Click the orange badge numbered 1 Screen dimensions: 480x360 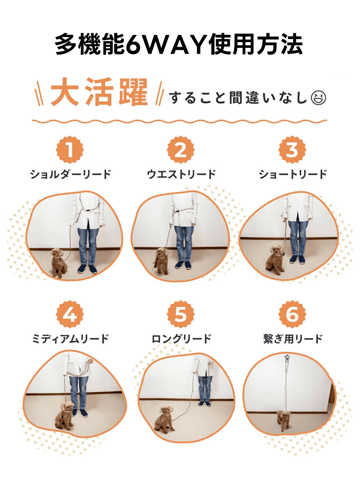click(x=70, y=151)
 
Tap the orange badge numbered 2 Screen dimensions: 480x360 click(x=181, y=151)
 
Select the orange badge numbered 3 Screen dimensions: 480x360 click(x=292, y=151)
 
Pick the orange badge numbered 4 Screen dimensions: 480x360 click(x=70, y=315)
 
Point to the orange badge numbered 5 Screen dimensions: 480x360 click(x=181, y=315)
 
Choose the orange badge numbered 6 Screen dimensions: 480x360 click(x=292, y=315)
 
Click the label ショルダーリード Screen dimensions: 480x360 click(x=70, y=174)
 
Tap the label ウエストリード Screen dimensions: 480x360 click(x=181, y=174)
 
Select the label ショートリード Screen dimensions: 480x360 click(x=292, y=174)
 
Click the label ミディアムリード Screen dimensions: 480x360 click(x=70, y=339)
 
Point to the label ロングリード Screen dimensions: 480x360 click(x=181, y=339)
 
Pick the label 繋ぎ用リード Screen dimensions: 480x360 click(x=292, y=339)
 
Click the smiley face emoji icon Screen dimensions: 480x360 click(x=319, y=97)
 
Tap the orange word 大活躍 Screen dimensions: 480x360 click(x=99, y=94)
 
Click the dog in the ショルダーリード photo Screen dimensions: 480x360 click(x=58, y=262)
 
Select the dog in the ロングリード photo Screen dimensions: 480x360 click(x=165, y=418)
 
